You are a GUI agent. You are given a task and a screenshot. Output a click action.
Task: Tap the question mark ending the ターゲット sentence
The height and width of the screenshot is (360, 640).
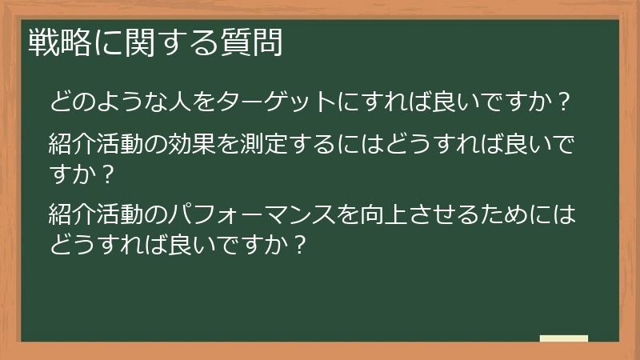click(x=563, y=102)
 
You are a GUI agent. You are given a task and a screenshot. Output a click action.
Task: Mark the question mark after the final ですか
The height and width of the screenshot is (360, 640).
click(x=298, y=244)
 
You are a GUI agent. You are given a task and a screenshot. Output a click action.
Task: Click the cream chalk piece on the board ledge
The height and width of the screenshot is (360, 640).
click(x=564, y=339)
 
